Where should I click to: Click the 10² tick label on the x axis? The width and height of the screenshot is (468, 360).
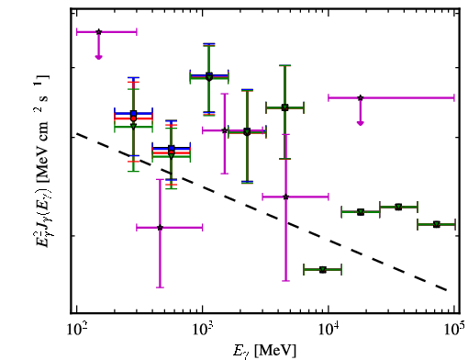coord(76,330)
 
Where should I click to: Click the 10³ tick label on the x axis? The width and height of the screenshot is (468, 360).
coord(203,330)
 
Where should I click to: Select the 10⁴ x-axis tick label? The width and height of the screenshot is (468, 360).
coord(329,330)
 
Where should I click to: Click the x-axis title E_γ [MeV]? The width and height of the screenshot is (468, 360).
coord(265,350)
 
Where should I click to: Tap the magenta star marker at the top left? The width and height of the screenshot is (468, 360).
coord(98,32)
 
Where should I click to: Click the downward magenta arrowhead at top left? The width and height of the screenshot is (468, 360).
coord(98,57)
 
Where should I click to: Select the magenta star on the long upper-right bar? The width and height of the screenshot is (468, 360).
coord(361,98)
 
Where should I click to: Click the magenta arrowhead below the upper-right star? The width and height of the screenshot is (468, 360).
coord(361,123)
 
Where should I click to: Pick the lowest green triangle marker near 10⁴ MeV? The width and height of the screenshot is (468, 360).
coord(323,270)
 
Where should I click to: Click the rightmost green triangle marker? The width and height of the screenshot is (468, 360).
coord(437,225)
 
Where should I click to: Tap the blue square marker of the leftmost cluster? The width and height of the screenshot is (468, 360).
coord(133,114)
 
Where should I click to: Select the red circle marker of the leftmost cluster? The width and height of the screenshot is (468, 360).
coord(133,118)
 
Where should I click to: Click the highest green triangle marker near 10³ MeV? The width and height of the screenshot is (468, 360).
coord(209,78)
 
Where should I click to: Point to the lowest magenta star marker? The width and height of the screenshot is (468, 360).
coord(160,228)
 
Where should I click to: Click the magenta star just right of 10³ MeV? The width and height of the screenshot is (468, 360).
coord(225,130)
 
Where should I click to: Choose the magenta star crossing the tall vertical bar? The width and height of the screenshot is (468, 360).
coord(285,197)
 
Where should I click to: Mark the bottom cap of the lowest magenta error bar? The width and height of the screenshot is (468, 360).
coord(160,287)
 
